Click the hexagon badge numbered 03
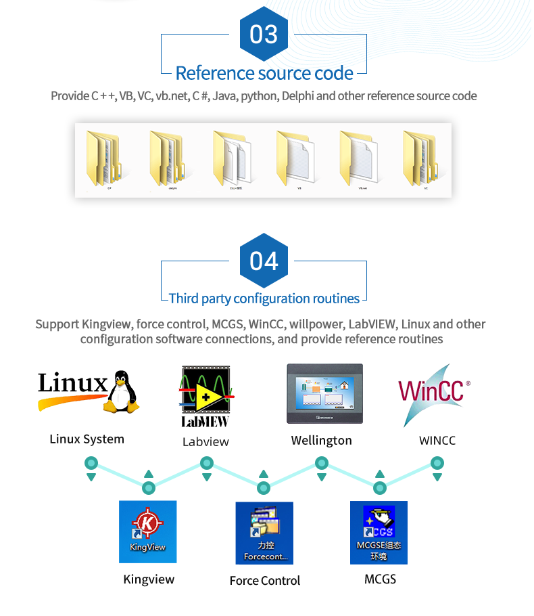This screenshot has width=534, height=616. point(264,34)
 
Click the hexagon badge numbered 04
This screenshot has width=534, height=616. point(264,261)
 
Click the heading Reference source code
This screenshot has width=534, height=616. point(264,73)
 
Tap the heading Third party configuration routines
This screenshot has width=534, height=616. point(264,299)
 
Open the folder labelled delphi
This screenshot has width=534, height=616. point(167,158)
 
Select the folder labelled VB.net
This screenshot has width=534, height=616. point(358,158)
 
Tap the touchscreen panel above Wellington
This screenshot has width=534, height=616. point(324,394)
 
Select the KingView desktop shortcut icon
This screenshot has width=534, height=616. point(147,531)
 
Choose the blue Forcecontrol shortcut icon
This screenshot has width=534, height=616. point(264,533)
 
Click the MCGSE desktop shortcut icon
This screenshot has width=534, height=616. point(379,532)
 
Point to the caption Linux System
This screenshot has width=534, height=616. point(87,439)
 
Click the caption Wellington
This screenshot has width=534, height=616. point(321,441)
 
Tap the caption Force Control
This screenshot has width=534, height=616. point(264,581)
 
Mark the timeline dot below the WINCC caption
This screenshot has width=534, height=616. point(437,464)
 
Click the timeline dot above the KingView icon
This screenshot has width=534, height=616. point(149,488)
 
